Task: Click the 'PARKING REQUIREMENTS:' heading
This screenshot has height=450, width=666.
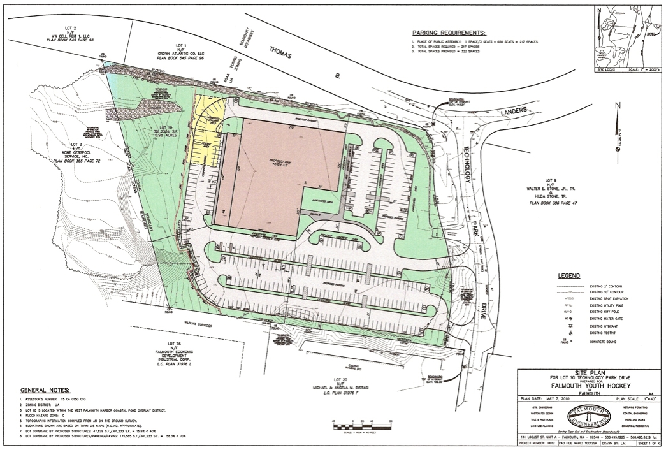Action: click(x=447, y=33)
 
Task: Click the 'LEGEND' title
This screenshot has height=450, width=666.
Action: click(x=568, y=276)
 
